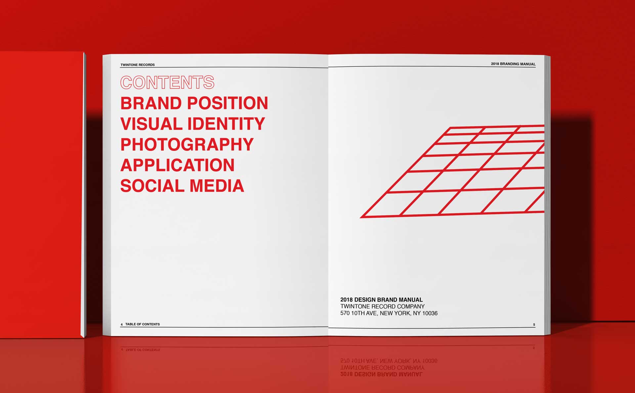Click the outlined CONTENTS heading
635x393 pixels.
(167, 82)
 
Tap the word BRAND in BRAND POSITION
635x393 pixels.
(151, 103)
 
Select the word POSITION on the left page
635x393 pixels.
(228, 103)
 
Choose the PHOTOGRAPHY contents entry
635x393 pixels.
(187, 145)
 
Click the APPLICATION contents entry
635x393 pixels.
(178, 165)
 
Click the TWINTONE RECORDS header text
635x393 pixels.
(138, 65)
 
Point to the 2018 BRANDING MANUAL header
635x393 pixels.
(513, 64)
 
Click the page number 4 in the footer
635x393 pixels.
(122, 325)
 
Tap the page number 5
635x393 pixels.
(534, 325)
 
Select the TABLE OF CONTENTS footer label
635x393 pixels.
(143, 324)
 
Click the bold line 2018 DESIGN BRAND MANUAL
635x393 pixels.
(382, 300)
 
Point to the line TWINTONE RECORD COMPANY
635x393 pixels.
(383, 306)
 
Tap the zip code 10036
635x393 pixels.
(430, 313)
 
